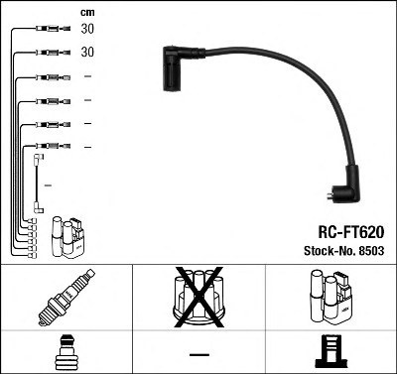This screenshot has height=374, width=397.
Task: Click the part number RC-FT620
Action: (351, 232)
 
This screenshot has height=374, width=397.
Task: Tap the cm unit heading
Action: (87, 13)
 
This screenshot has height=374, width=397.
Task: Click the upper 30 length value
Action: (87, 29)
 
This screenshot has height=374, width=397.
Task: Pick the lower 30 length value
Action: (87, 52)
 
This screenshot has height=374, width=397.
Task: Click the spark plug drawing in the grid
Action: (66, 298)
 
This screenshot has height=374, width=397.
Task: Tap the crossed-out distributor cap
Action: (198, 297)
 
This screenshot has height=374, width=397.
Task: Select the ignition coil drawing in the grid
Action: (331, 297)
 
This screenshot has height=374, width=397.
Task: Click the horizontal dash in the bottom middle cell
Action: (199, 355)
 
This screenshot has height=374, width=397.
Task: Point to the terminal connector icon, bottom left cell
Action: (66, 352)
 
